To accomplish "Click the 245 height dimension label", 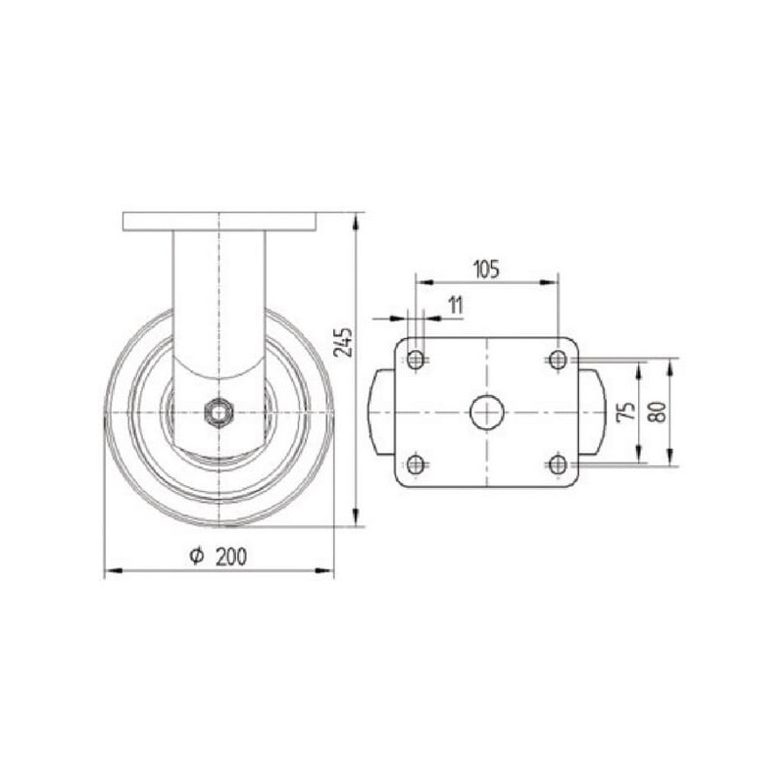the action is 343,342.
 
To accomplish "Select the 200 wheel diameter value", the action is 231,557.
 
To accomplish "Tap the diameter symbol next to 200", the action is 197,556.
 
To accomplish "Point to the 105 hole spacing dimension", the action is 486,269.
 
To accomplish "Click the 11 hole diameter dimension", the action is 456,305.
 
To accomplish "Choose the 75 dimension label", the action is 626,412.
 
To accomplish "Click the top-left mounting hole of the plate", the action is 416,360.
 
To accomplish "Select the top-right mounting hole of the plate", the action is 558,360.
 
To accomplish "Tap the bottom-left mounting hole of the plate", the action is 416,465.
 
